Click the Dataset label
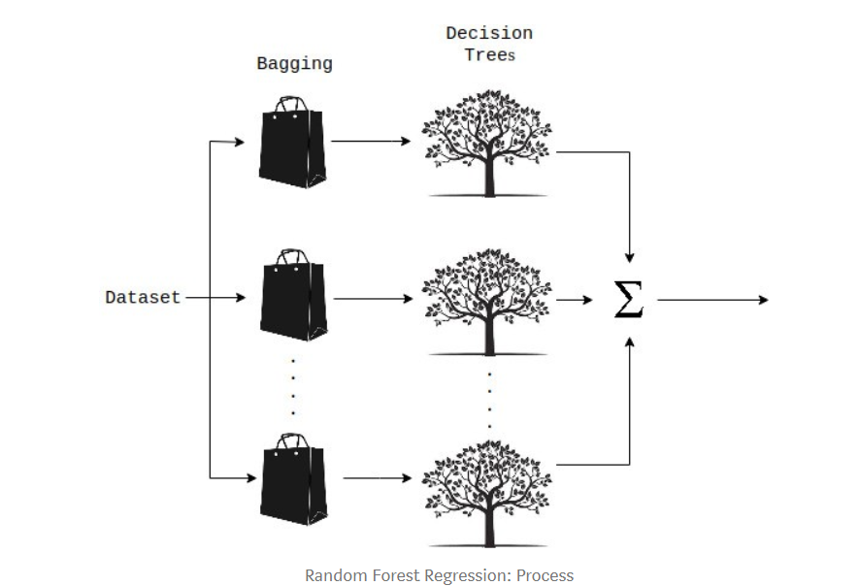click(143, 298)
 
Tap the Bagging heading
click(294, 64)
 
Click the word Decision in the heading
click(488, 33)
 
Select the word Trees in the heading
click(489, 55)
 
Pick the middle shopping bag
click(291, 299)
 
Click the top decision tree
click(487, 141)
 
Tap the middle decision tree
click(487, 298)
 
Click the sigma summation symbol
click(629, 300)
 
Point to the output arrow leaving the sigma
click(713, 300)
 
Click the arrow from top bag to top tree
click(371, 142)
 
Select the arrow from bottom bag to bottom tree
click(379, 478)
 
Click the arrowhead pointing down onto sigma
click(630, 256)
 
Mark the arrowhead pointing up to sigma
click(630, 342)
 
